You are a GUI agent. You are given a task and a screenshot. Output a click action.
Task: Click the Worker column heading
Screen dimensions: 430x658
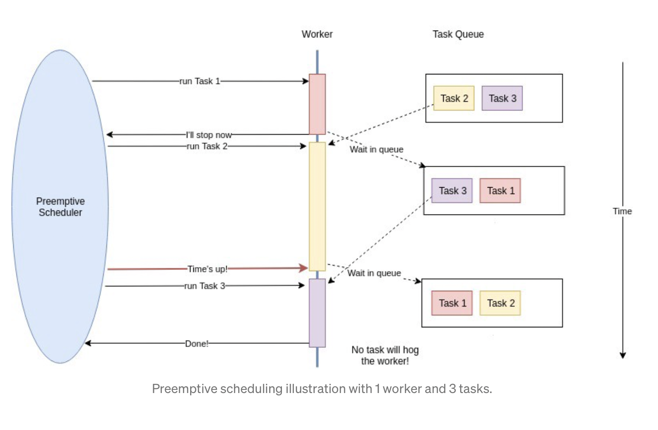coord(317,34)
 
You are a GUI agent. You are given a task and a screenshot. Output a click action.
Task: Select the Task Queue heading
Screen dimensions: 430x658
coord(458,34)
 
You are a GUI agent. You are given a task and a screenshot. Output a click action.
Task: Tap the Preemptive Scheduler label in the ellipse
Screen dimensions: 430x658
coord(60,207)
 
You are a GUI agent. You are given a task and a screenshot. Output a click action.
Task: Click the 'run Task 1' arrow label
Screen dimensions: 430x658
coord(200,81)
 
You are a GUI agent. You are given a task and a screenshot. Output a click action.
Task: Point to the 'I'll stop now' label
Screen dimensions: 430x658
coord(208,135)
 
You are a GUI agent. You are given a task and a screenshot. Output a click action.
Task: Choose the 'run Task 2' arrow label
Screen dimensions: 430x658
coord(207,146)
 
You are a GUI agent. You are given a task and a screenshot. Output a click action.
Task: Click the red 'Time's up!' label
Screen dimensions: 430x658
coord(207,269)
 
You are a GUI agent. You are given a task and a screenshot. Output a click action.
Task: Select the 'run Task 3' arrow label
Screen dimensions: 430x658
coord(204,286)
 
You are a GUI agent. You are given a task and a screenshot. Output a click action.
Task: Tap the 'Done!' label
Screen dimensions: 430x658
coord(196,344)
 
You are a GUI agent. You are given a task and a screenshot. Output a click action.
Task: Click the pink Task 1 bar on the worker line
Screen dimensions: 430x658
coord(317,104)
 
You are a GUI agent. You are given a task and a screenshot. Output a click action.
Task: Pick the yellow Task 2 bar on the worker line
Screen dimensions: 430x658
coord(317,206)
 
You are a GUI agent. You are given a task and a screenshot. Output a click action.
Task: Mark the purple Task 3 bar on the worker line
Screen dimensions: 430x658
coord(317,313)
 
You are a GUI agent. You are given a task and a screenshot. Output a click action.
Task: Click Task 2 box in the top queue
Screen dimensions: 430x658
coord(454,99)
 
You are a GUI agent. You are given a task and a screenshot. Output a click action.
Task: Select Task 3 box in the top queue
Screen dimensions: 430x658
coord(502,99)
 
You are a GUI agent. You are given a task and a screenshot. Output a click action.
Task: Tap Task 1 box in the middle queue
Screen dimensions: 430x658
coord(500,191)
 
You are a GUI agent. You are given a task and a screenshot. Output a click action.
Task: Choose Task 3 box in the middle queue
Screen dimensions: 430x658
coord(452,191)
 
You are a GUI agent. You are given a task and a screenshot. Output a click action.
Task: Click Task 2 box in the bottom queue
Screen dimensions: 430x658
coord(500,303)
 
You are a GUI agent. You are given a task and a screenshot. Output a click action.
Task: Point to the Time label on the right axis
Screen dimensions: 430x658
coord(622,211)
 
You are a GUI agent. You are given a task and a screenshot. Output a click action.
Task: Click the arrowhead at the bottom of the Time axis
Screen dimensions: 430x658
coord(622,355)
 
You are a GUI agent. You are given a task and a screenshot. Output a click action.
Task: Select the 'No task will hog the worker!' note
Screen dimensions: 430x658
coord(385,355)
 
